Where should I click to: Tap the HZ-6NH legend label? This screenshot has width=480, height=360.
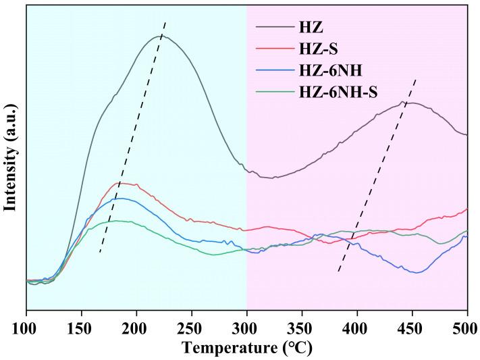click(x=329, y=70)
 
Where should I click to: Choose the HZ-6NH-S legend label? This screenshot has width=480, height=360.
click(x=338, y=92)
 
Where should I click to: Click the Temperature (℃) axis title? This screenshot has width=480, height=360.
click(x=246, y=349)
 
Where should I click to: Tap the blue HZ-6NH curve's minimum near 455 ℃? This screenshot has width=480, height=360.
click(x=417, y=273)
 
